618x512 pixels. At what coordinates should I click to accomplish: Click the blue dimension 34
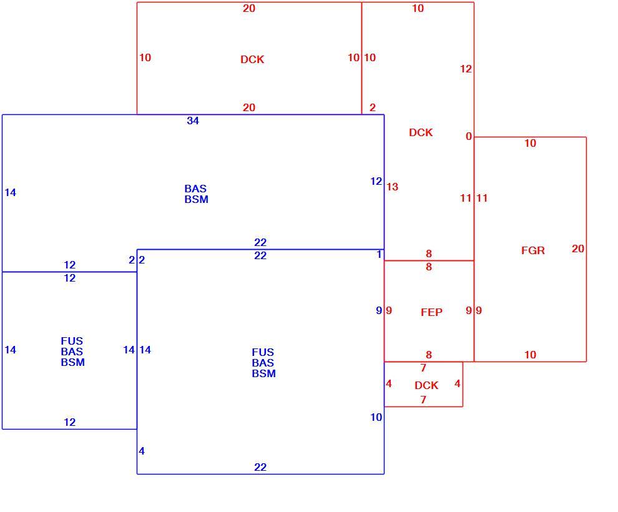click(193, 121)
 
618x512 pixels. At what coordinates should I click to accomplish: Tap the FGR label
click(533, 250)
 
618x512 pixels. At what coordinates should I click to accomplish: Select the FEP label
click(431, 313)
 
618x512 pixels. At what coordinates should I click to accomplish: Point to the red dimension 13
click(392, 187)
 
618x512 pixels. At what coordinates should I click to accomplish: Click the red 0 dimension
click(469, 136)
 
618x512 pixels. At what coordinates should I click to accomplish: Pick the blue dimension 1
click(379, 255)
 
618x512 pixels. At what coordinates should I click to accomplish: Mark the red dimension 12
click(466, 69)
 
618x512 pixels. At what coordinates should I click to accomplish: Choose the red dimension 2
click(373, 107)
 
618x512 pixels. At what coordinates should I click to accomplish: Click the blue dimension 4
click(142, 451)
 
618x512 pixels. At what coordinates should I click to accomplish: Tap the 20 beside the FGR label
click(578, 249)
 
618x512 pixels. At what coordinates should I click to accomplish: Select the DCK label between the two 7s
click(426, 385)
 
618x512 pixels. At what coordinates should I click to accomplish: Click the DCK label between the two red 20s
click(252, 59)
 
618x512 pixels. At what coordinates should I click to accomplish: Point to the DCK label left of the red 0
click(421, 132)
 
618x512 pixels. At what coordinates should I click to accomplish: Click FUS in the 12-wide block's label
click(72, 341)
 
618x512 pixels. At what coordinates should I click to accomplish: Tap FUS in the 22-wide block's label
click(263, 352)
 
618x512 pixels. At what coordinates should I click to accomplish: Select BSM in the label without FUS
click(196, 199)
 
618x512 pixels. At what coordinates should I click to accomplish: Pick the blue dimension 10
click(376, 417)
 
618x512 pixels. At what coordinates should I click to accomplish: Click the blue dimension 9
click(379, 310)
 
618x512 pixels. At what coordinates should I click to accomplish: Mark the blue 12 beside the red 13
click(376, 181)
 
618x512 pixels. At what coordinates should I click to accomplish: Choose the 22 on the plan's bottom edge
click(260, 468)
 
